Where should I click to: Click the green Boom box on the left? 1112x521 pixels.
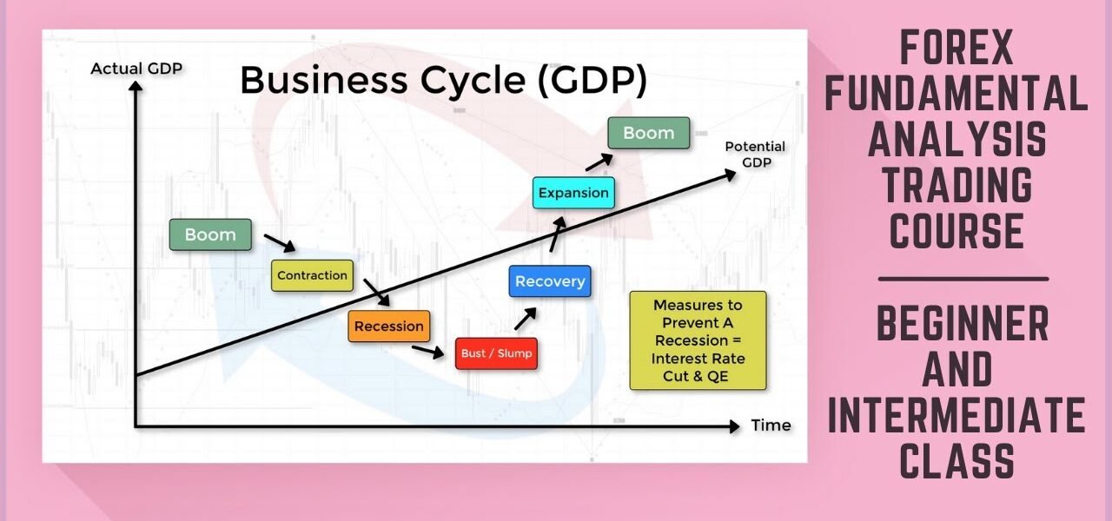210,234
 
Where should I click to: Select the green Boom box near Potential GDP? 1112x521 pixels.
648,133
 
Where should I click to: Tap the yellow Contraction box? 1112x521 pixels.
312,275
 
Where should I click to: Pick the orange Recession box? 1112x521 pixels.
389,326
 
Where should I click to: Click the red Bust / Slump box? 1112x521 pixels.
497,353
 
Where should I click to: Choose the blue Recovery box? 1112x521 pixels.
549,281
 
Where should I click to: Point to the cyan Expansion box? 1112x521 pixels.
573,193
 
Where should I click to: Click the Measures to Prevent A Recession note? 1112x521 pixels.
698,340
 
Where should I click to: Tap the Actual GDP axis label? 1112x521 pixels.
136,69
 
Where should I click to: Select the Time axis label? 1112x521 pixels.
771,425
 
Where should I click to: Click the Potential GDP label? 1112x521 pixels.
755,154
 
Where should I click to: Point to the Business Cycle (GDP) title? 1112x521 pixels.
443,81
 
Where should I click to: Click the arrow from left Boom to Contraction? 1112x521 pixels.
279,241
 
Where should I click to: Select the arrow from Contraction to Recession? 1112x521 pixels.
375,292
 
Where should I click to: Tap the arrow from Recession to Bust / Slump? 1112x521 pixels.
427,351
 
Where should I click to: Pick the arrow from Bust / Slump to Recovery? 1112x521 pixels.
525,318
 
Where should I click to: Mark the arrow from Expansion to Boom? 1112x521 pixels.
597,162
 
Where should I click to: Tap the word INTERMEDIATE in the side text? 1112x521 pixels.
956,415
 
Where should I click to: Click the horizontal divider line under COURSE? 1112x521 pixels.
963,280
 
